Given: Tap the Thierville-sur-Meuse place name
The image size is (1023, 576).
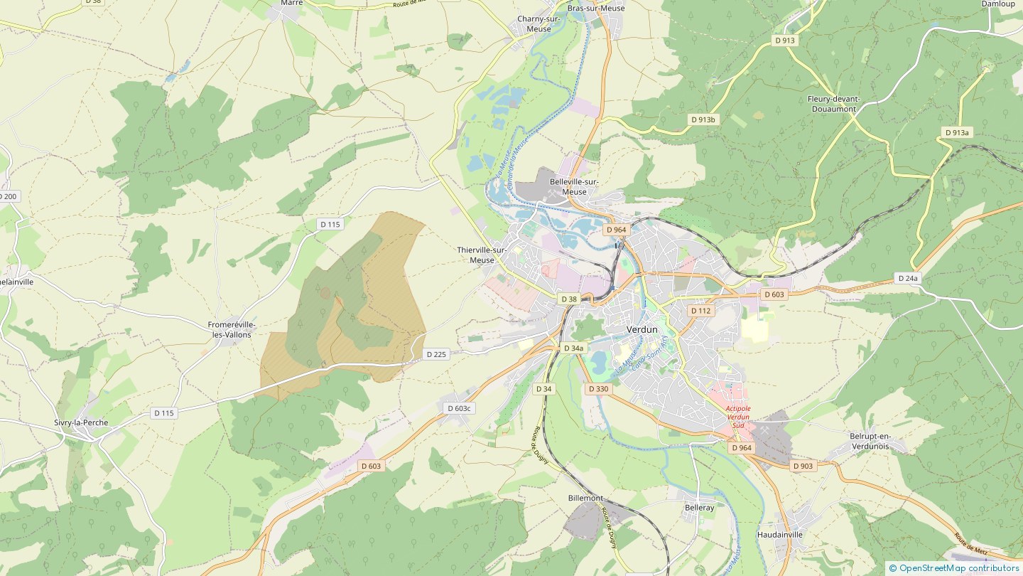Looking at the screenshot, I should pyautogui.click(x=481, y=255).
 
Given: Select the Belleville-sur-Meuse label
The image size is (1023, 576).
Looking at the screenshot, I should pyautogui.click(x=574, y=186).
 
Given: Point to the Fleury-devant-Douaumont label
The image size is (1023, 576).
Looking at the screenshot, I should pyautogui.click(x=833, y=104).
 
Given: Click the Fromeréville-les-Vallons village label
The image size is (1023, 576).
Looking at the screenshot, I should pyautogui.click(x=232, y=329).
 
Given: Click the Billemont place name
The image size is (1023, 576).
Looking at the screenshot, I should pyautogui.click(x=585, y=498).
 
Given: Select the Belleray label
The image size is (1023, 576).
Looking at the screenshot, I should pyautogui.click(x=699, y=508).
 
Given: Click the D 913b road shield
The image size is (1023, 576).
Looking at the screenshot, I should pyautogui.click(x=703, y=119).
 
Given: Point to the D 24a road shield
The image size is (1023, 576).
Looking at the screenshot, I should pyautogui.click(x=908, y=278).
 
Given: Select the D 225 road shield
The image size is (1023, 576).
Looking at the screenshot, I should pyautogui.click(x=437, y=353).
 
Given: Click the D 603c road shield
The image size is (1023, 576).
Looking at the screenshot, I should pyautogui.click(x=459, y=408).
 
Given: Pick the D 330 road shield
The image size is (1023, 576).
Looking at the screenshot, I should pyautogui.click(x=598, y=389).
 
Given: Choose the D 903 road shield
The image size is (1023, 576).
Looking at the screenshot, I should pyautogui.click(x=803, y=466).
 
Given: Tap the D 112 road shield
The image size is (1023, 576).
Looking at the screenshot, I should pyautogui.click(x=700, y=311).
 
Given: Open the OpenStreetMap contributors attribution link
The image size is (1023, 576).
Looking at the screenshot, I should pyautogui.click(x=958, y=568).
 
